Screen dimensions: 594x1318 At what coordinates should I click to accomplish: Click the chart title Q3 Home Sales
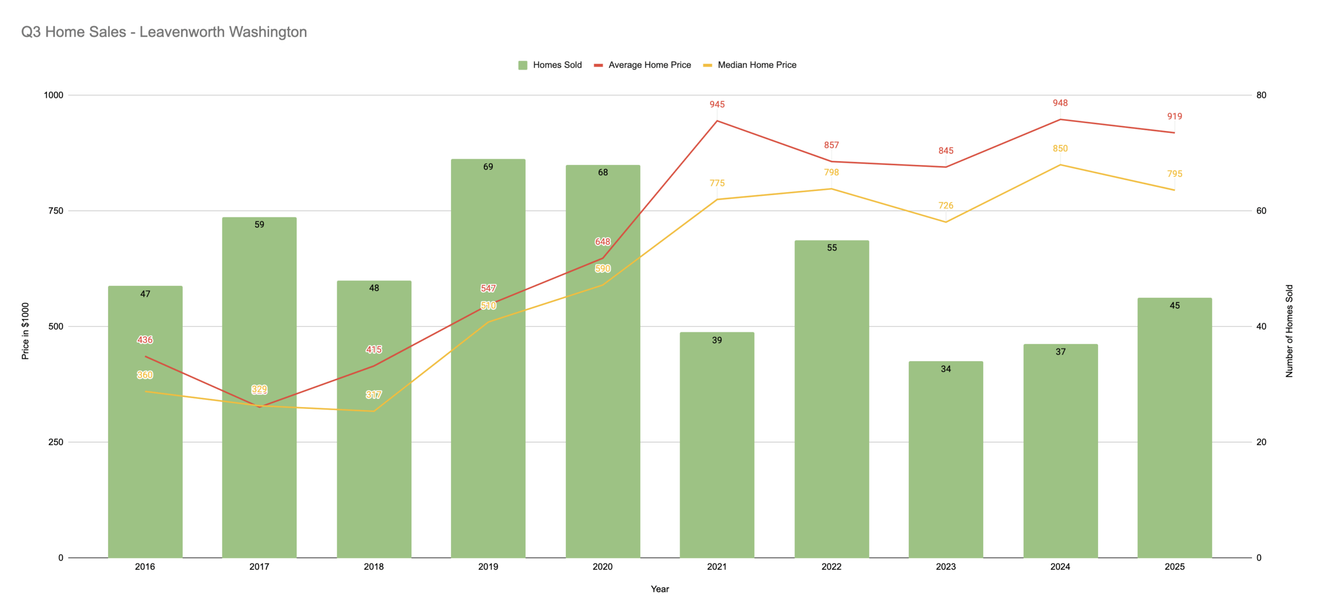[x=164, y=32]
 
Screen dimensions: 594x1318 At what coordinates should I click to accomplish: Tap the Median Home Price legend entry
[x=750, y=65]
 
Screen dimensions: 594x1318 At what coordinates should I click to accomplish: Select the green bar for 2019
[x=488, y=412]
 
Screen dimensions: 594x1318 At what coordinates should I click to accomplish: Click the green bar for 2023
[x=946, y=464]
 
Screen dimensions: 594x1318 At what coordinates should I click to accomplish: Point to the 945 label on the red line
[x=717, y=105]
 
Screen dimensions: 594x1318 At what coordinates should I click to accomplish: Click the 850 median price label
[x=1060, y=148]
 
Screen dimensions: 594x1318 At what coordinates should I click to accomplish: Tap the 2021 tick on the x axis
[x=717, y=567]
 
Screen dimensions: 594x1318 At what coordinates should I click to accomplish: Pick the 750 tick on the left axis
[x=56, y=211]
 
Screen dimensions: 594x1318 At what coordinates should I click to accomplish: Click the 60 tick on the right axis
[x=1261, y=211]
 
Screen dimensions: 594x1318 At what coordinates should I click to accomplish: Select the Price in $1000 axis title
[x=25, y=331]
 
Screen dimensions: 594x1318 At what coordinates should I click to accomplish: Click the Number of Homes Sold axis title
[x=1289, y=331]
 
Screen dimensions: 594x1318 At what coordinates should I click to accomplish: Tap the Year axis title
[x=660, y=589]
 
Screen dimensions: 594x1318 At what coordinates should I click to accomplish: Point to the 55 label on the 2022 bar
[x=831, y=248]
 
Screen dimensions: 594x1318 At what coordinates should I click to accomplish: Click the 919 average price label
[x=1174, y=116]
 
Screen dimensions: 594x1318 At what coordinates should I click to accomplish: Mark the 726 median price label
[x=946, y=206]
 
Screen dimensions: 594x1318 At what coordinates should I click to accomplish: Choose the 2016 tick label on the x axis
[x=145, y=567]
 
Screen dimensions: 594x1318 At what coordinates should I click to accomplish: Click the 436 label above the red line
[x=145, y=340]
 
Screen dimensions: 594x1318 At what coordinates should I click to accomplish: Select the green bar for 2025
[x=1174, y=438]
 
